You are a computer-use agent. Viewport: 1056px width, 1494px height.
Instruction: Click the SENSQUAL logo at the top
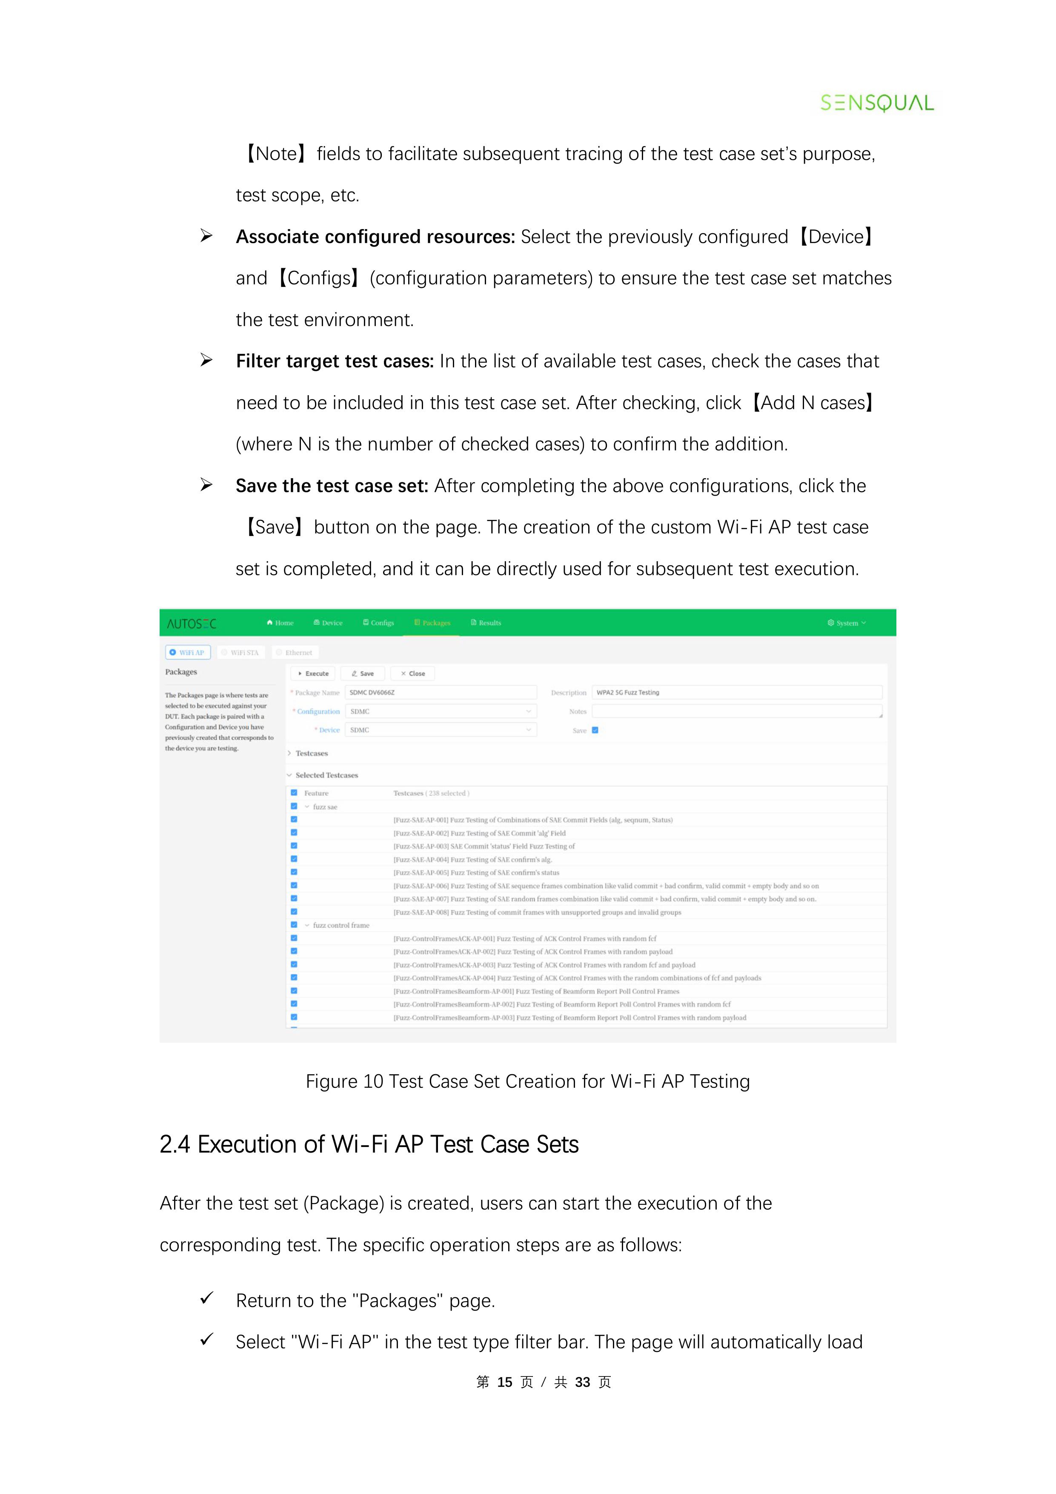(876, 103)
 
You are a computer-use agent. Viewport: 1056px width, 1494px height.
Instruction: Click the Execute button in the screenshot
(313, 674)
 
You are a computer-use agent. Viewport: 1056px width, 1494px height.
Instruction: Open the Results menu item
(486, 623)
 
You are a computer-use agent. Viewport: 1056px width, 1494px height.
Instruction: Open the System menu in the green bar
(847, 623)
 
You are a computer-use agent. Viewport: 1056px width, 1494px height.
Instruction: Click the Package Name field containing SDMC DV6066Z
(441, 692)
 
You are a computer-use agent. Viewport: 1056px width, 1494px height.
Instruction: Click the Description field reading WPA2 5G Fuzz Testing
(736, 692)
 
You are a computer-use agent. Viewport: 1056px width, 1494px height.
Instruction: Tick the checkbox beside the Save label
(595, 730)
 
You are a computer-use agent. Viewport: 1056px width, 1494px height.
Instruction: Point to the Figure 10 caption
(528, 1081)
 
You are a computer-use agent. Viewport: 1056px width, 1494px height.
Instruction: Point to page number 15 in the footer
(504, 1382)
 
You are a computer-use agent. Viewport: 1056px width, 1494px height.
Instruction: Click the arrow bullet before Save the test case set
(206, 485)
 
